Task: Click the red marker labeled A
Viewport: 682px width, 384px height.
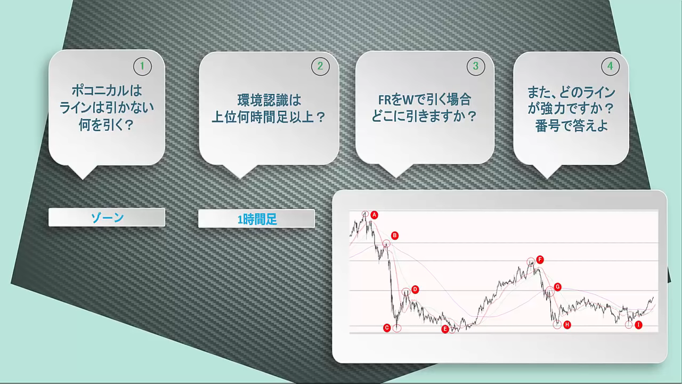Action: [x=374, y=215]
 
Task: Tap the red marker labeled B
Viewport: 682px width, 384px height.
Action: [x=395, y=236]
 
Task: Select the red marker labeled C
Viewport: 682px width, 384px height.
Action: [x=387, y=328]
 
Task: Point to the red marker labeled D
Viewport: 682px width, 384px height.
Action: [x=415, y=290]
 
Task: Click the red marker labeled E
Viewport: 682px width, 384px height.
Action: [x=445, y=329]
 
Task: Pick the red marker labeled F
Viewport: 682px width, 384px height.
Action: [x=540, y=260]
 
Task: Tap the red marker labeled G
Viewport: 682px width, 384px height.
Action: [x=557, y=287]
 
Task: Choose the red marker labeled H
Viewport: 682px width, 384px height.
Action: [x=567, y=325]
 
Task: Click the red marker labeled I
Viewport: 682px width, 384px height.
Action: [x=638, y=325]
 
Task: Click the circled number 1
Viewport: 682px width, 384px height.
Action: [x=142, y=66]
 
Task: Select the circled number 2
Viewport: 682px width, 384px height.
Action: [x=320, y=66]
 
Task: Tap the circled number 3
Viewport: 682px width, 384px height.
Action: [x=476, y=66]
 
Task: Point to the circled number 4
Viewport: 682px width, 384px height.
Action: [x=611, y=66]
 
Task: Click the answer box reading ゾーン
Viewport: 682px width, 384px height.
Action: [x=107, y=217]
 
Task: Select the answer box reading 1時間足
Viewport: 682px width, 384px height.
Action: [x=256, y=219]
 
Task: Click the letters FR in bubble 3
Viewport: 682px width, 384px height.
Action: [x=385, y=100]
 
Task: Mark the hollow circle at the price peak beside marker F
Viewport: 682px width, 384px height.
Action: [x=531, y=261]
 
